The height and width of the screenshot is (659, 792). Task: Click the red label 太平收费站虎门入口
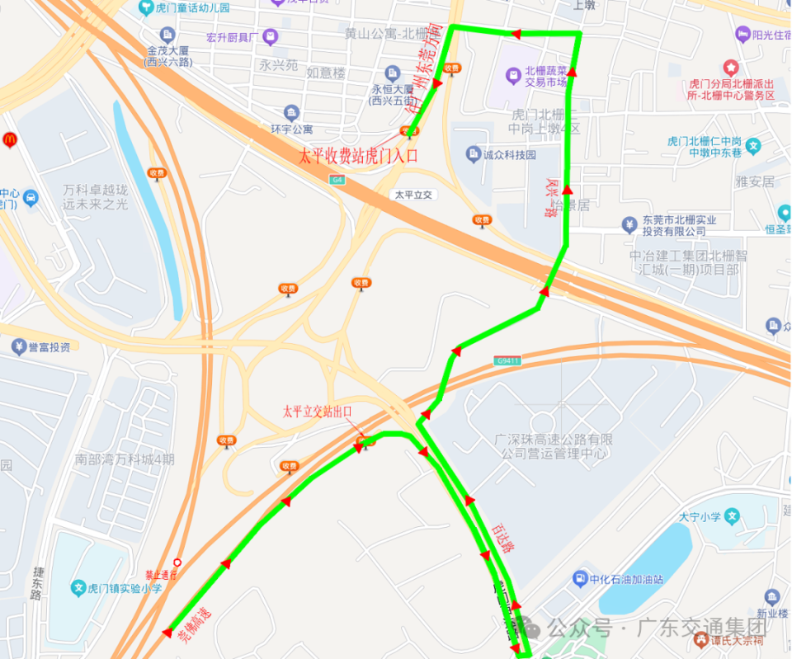click(x=358, y=155)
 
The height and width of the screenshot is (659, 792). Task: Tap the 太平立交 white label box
click(x=413, y=195)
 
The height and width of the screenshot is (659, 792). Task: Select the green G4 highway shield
click(x=337, y=179)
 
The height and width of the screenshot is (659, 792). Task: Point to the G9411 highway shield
click(x=507, y=360)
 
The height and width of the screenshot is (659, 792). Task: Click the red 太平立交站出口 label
click(x=317, y=411)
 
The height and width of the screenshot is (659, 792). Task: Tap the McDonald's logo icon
click(x=10, y=140)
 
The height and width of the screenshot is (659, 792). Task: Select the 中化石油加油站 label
click(x=627, y=578)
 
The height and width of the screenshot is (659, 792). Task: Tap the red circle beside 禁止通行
click(x=177, y=563)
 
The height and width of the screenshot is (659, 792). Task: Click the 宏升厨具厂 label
click(x=233, y=37)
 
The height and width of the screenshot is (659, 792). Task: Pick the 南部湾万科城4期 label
click(x=124, y=459)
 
